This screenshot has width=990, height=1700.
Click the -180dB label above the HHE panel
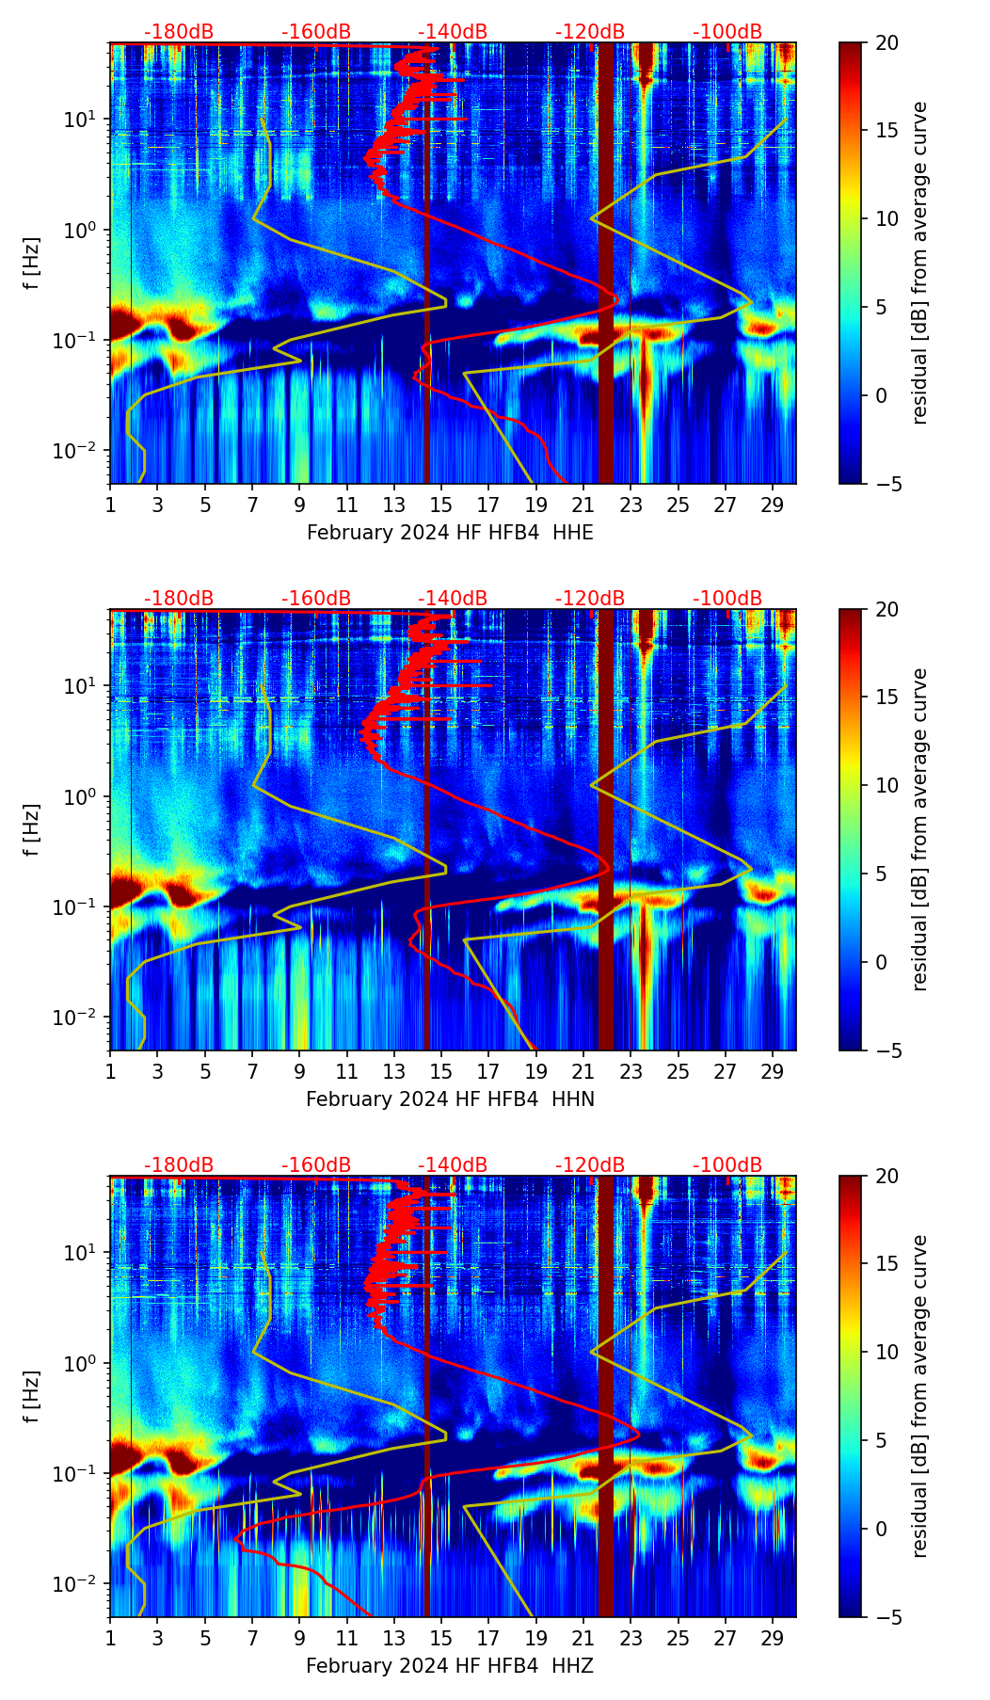click(179, 32)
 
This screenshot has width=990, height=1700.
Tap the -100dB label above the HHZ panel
click(727, 1165)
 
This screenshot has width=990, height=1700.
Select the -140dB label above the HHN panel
click(453, 599)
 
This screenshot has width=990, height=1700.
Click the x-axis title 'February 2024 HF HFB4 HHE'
click(450, 533)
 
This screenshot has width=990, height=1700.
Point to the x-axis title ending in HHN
click(450, 1099)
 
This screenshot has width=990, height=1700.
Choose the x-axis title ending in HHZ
click(450, 1666)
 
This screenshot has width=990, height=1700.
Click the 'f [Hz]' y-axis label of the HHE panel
click(32, 264)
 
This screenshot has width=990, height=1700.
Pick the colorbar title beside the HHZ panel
click(919, 1396)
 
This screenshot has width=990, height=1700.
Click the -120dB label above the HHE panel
click(590, 32)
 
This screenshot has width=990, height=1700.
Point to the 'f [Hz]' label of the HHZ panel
click(32, 1397)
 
